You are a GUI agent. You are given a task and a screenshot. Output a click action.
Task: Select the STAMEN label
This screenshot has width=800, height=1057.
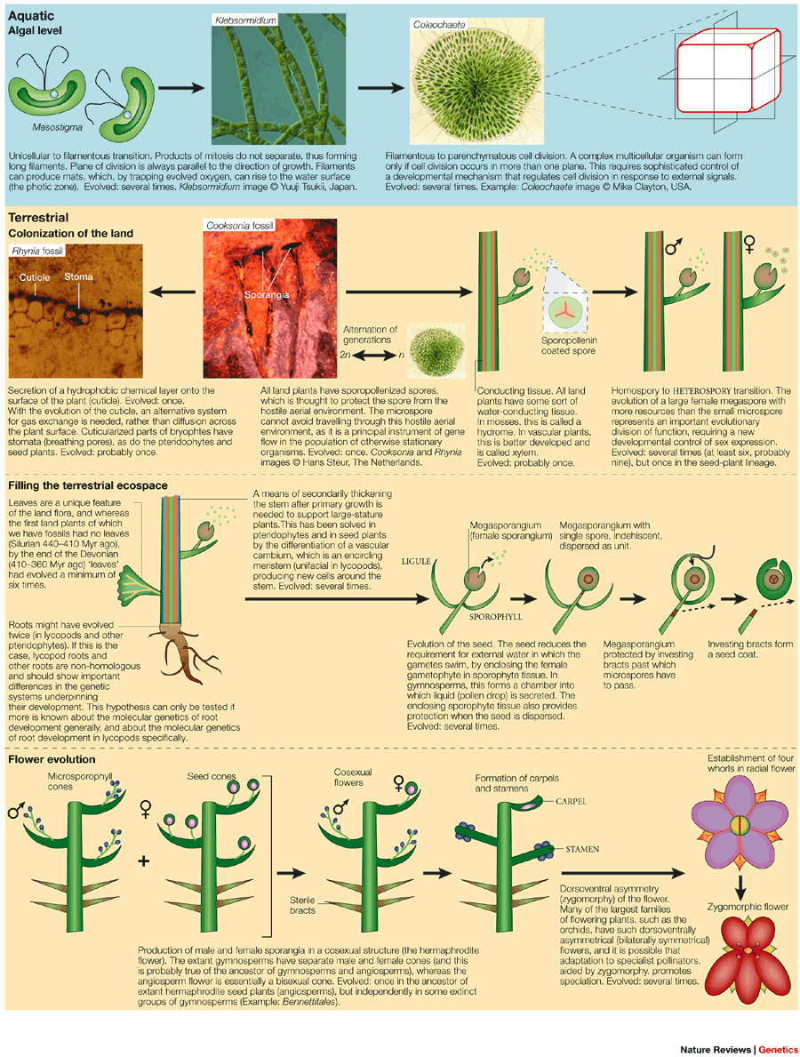point(579,849)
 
